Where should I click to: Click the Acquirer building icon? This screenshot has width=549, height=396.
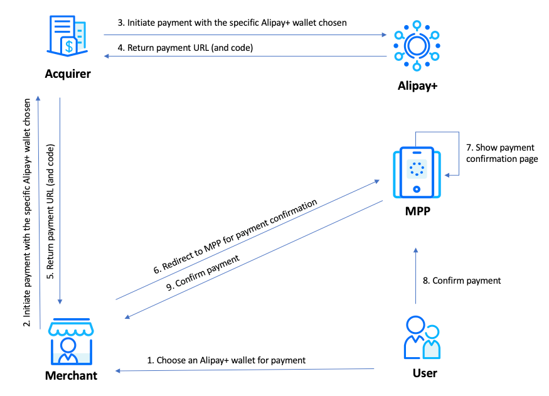click(68, 36)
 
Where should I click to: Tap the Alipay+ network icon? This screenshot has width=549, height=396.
click(415, 46)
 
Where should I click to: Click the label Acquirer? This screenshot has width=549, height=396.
click(68, 74)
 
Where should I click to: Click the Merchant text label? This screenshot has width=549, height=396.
click(71, 376)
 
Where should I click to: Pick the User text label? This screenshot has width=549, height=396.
click(425, 373)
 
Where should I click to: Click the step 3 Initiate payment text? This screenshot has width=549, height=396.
click(232, 23)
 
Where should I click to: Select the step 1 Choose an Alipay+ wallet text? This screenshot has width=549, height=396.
click(226, 360)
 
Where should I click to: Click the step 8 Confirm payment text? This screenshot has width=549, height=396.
click(462, 281)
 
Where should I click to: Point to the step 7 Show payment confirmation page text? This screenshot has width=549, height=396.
click(501, 154)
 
